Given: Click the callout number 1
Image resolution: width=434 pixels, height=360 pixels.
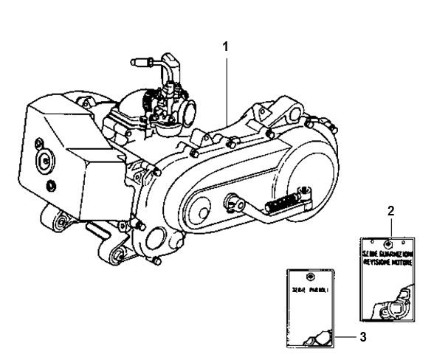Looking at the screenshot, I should (x=226, y=46).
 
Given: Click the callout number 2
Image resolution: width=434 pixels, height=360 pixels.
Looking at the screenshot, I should (x=390, y=210).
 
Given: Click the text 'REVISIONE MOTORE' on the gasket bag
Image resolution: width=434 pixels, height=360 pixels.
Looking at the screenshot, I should (x=389, y=260).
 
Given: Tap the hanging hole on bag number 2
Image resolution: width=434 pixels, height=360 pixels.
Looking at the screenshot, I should (x=389, y=241).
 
